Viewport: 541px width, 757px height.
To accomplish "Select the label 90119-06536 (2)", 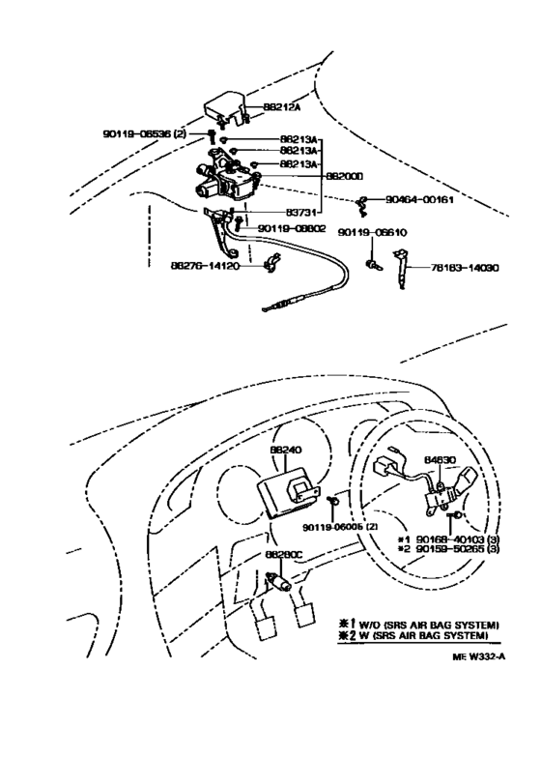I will tap(144, 133).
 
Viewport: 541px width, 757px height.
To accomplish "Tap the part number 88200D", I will tap(343, 177).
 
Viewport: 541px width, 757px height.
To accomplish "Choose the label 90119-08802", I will tap(293, 228).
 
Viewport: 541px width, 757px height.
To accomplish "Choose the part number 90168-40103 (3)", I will tap(458, 539).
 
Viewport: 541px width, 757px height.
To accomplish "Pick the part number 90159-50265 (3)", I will tap(458, 550).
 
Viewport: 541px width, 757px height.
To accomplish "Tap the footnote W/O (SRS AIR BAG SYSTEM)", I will tap(426, 626).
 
